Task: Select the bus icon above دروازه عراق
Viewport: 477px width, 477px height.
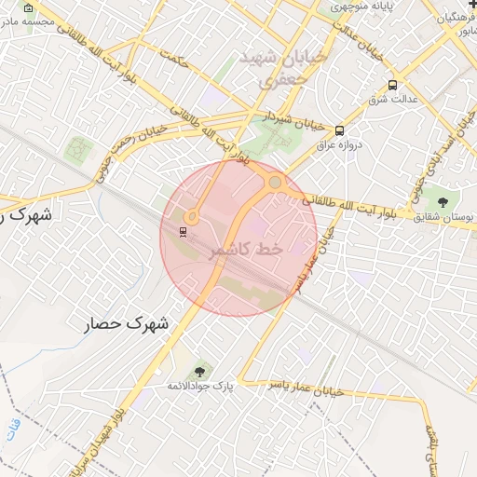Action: click(339, 130)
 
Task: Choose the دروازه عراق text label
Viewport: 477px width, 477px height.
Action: click(338, 144)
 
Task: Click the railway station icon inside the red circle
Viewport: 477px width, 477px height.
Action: click(182, 232)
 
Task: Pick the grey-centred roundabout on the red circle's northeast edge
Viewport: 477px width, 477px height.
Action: click(277, 183)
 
